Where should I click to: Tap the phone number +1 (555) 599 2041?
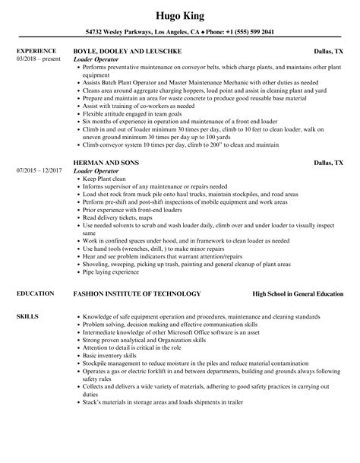tap(248, 33)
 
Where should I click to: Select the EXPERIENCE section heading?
tap(36, 52)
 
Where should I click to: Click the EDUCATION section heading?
tap(33, 293)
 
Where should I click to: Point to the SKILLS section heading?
tap(27, 315)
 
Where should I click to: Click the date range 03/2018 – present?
tap(38, 59)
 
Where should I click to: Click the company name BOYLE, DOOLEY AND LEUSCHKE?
tap(130, 52)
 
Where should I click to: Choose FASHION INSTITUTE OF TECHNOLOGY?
tap(137, 293)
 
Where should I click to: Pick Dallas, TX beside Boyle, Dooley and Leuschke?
tap(331, 52)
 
